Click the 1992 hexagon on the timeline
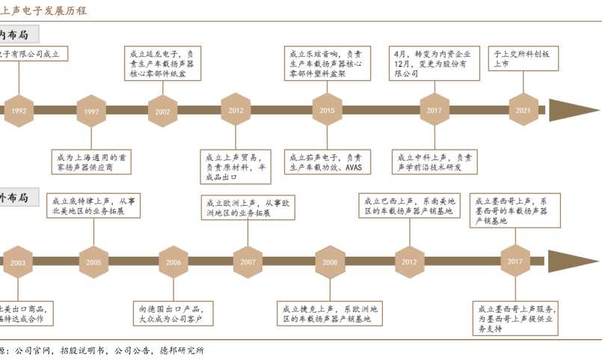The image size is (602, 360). coord(19,111)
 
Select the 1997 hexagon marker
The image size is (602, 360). coord(91,111)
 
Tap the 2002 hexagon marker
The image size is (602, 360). coord(163,111)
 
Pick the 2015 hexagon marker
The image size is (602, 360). coord(327,110)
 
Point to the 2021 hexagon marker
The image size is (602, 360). coord(523,110)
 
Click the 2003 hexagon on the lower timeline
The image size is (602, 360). coord(18,262)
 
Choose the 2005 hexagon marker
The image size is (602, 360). coord(93,262)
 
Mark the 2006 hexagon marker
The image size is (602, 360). coord(173,262)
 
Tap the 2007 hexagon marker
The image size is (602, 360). coord(248,262)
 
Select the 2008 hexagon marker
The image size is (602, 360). coord(330,262)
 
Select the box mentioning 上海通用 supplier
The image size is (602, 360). coord(91,162)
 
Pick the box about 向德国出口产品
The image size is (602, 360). coord(173,313)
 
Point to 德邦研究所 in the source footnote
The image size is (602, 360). coord(181,350)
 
